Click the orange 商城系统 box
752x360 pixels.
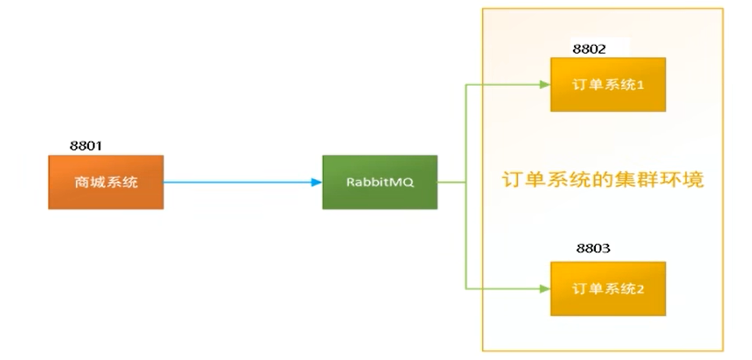(x=105, y=182)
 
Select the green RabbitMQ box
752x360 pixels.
(x=380, y=182)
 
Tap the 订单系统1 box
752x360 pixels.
(x=608, y=85)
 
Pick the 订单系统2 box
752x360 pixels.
(x=608, y=289)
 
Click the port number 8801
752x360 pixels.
(x=87, y=145)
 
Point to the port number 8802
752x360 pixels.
(x=590, y=48)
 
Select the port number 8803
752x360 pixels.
(x=593, y=249)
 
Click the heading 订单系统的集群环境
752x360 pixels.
(x=603, y=180)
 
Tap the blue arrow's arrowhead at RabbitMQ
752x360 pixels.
(x=317, y=182)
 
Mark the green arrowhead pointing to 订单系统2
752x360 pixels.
(x=545, y=289)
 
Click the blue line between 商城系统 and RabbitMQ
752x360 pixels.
(x=234, y=182)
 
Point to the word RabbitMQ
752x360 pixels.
(x=380, y=182)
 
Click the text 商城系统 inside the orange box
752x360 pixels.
(x=105, y=183)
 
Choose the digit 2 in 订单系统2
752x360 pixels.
(x=640, y=290)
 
